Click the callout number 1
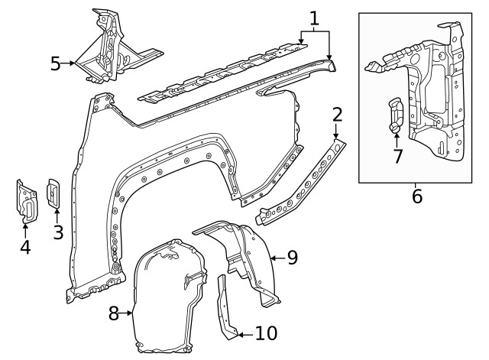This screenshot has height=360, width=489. coord(314,18)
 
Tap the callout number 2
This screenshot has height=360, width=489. coord(338,116)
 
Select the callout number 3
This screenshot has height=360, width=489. coord(58,232)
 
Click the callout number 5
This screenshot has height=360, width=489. coord(55,63)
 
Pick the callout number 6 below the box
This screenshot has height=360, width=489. coord(416,196)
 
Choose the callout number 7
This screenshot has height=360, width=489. coord(397,157)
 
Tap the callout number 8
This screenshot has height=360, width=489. coord(114,313)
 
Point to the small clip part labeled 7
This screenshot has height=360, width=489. coord(396,115)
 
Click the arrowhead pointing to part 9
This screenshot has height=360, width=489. coord(274,258)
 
